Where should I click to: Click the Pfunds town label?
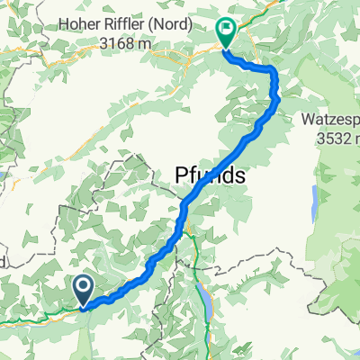pyautogui.click(x=205, y=176)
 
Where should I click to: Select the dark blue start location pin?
pyautogui.click(x=83, y=291)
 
